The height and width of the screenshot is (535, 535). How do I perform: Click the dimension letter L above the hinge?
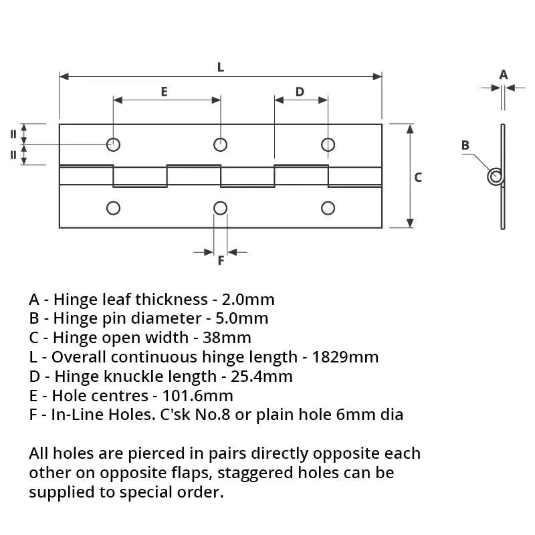click(x=221, y=67)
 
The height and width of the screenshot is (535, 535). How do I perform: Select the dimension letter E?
click(x=164, y=92)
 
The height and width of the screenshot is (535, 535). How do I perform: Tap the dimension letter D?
click(x=300, y=92)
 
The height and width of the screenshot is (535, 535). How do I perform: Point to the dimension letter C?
click(x=418, y=177)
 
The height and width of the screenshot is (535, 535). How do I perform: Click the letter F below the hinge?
click(x=221, y=261)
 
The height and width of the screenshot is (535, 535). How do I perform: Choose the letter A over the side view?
click(x=504, y=74)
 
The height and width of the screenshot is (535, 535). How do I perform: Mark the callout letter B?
click(x=465, y=145)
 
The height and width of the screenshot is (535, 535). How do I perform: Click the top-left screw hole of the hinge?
click(x=114, y=144)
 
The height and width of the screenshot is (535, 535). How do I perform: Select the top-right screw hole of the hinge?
click(x=328, y=144)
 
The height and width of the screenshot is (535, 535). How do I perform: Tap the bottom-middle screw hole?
click(x=220, y=208)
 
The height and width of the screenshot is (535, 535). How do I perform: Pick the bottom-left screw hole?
click(x=114, y=208)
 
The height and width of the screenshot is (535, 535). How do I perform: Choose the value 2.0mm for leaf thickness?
click(x=249, y=299)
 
